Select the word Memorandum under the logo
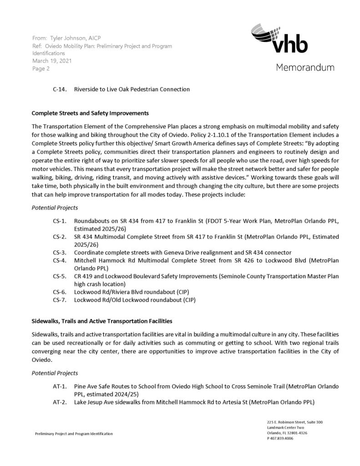(304, 67)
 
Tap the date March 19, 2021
(52, 61)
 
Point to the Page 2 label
(41, 69)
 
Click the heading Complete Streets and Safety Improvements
(90, 113)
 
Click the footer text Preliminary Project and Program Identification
(74, 434)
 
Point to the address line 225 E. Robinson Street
(295, 422)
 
